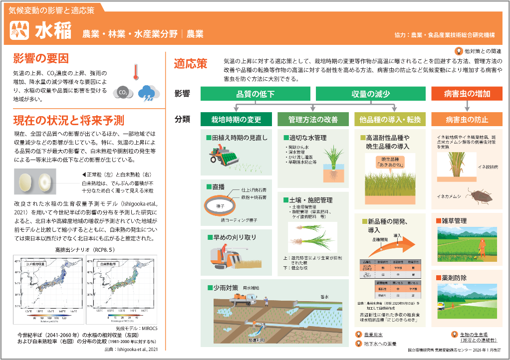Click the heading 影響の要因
(41, 59)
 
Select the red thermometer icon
(135, 73)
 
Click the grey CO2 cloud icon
(123, 92)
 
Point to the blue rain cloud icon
(148, 93)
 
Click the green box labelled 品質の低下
(255, 94)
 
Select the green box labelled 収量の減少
(370, 94)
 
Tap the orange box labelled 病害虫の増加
(467, 94)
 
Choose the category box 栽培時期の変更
(236, 119)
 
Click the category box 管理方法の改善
(313, 119)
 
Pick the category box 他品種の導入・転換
(390, 119)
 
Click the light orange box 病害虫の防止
(467, 119)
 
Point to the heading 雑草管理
(453, 220)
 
